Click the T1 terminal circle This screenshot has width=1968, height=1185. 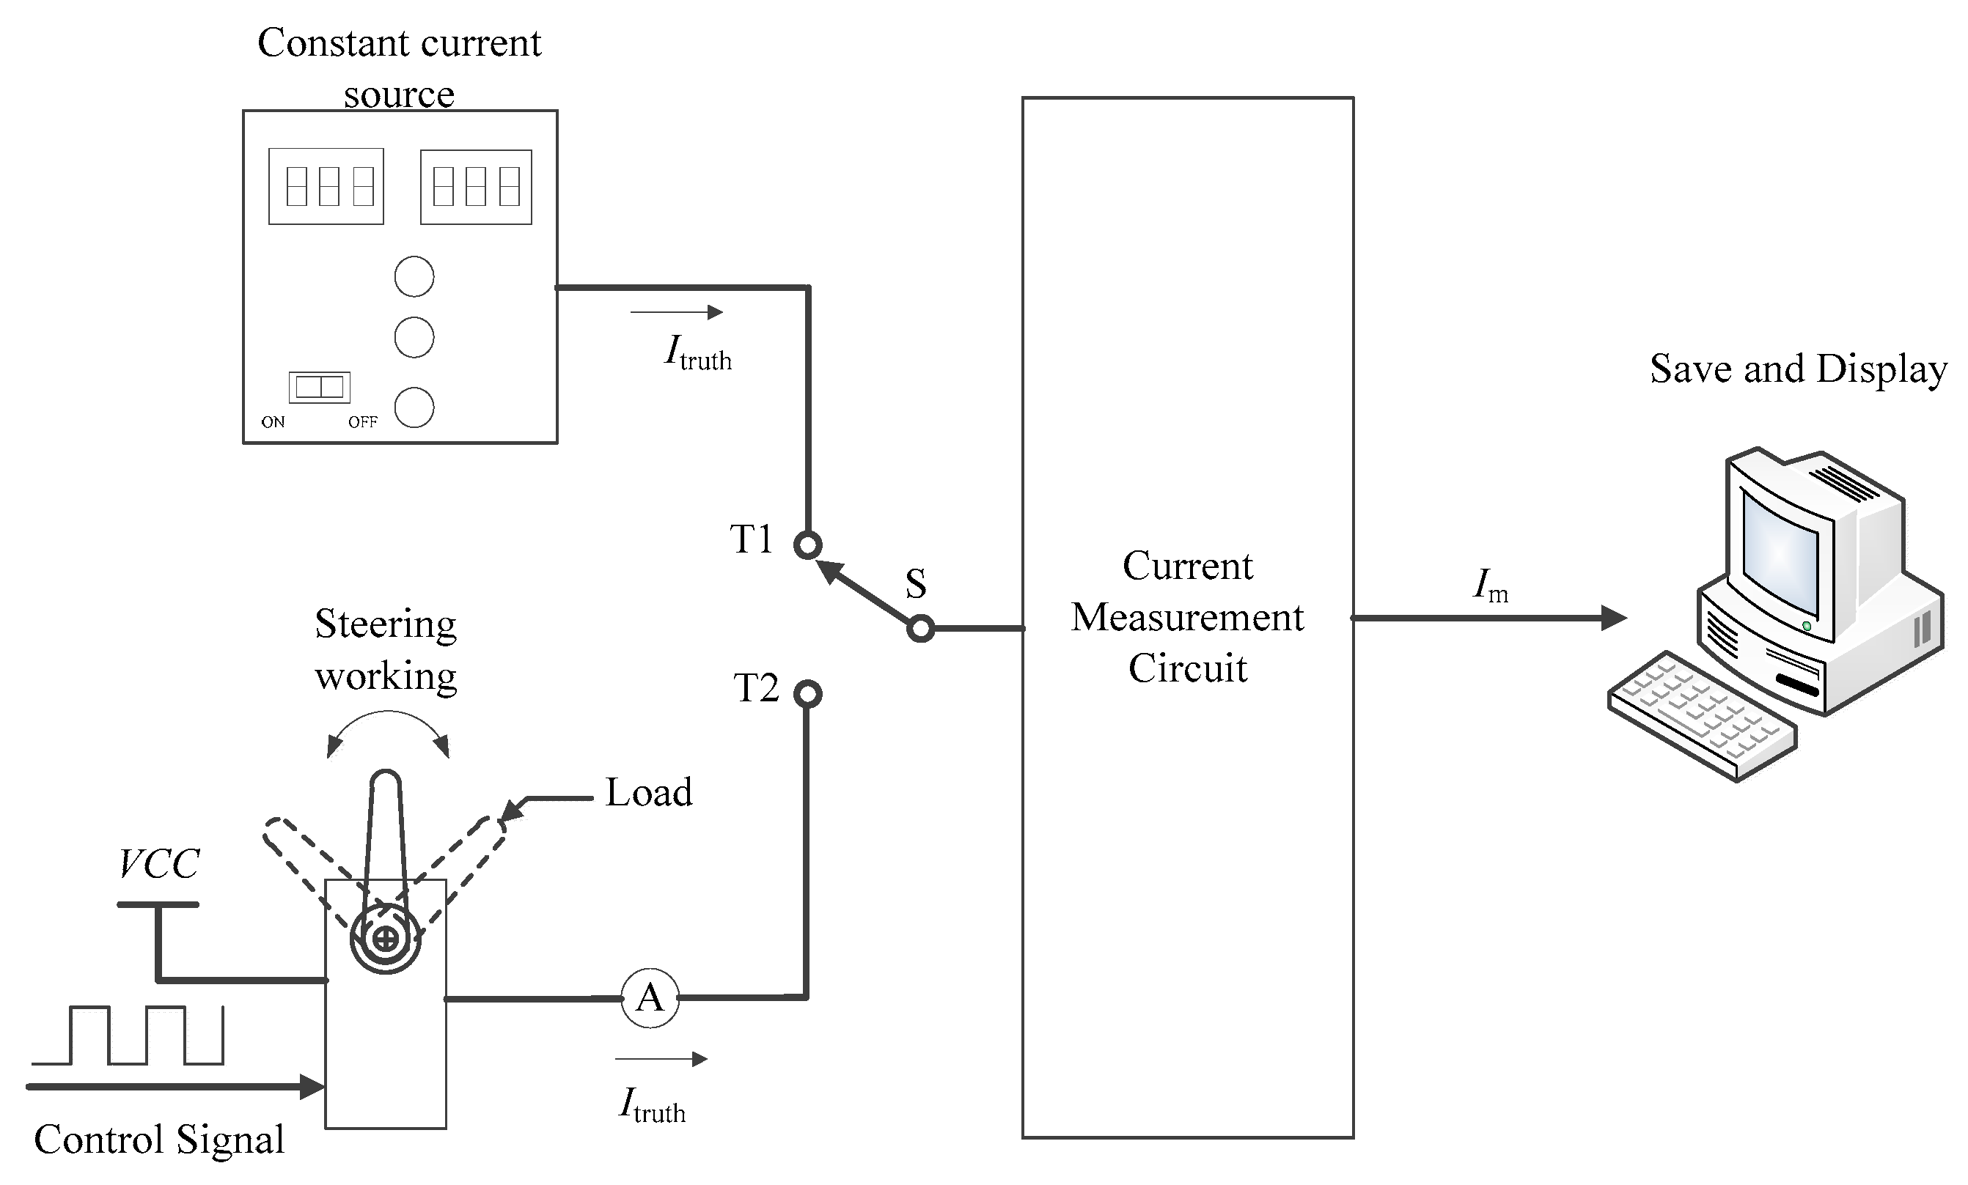tap(807, 545)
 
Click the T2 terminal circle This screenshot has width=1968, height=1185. tap(807, 693)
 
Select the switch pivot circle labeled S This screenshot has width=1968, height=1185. tap(920, 629)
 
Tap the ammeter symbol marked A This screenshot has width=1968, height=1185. tap(650, 998)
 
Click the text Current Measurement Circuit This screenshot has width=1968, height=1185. tap(1187, 616)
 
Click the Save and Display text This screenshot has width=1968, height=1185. tap(1797, 369)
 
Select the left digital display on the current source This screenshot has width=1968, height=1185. tap(326, 186)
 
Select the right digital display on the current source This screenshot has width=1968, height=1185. tap(476, 187)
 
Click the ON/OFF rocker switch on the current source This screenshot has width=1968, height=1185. tap(320, 387)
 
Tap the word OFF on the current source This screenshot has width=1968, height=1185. tap(363, 421)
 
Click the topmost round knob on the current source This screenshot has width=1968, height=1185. tap(414, 276)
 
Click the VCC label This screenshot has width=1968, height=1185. tap(159, 864)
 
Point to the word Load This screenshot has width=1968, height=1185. tap(648, 793)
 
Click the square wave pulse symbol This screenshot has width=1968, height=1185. tap(128, 1035)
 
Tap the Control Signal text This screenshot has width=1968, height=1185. tap(159, 1140)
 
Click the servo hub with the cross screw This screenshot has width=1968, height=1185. tap(386, 938)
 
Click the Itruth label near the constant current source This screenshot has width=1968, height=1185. tap(697, 353)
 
